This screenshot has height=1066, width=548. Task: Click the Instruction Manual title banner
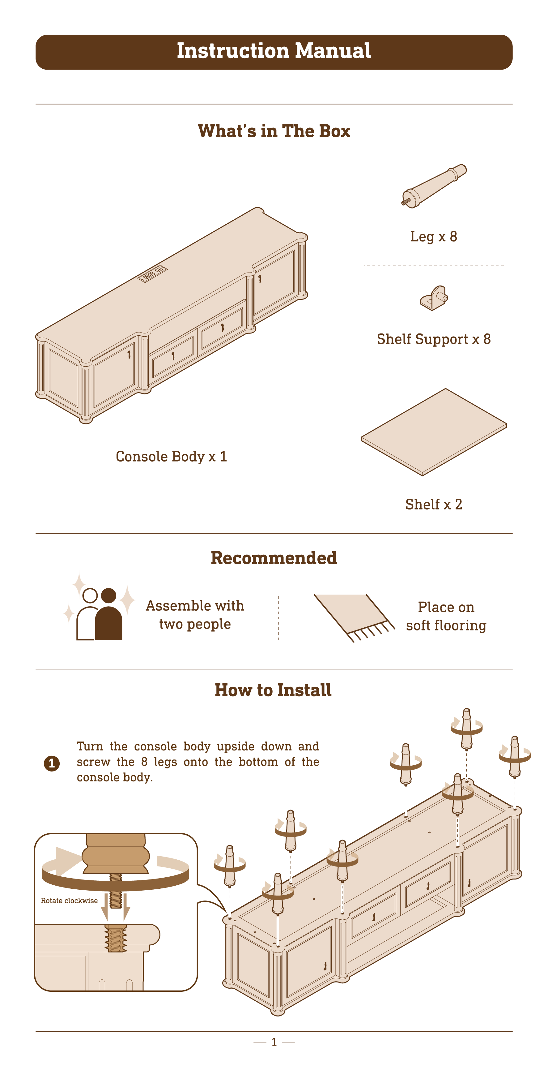274,52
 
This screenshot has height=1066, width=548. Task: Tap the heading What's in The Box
274,131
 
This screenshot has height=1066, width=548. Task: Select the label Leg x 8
433,237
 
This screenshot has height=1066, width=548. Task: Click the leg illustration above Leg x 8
434,186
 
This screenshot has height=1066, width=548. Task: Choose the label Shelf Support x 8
433,339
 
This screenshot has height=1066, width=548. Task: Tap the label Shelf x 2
433,505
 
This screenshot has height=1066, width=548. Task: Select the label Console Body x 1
171,457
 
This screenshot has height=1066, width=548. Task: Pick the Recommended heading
274,558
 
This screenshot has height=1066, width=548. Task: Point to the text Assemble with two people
195,615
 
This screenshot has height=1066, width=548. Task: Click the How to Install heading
273,690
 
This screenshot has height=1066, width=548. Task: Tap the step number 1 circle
52,763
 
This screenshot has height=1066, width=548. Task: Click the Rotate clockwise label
69,901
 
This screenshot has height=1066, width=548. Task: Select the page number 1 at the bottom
274,1042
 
